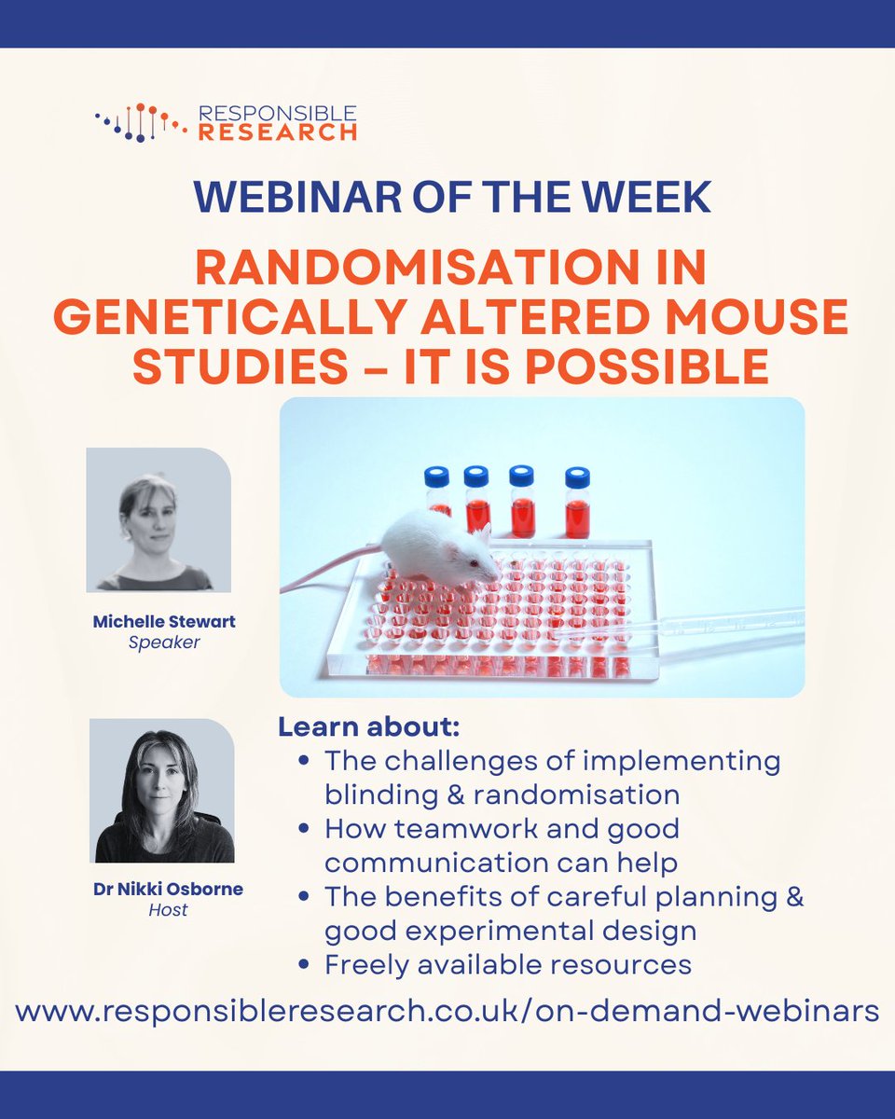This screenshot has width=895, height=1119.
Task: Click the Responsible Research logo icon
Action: pos(140,122)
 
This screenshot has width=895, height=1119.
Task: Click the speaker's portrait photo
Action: pos(158,520)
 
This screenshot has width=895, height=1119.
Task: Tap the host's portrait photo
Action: pos(162,791)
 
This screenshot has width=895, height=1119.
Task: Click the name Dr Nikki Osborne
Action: pos(168,889)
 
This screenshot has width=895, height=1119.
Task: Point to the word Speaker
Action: pos(164,642)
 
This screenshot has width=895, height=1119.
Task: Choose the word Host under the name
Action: pos(168,909)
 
